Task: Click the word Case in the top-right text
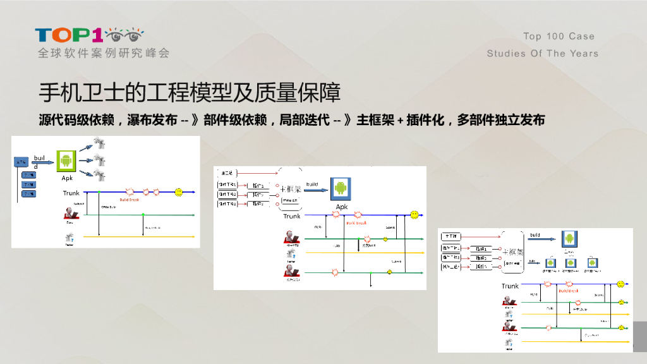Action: [581, 37]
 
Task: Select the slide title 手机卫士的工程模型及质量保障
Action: [190, 92]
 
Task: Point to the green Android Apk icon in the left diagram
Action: [66, 161]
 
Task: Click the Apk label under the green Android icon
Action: [67, 178]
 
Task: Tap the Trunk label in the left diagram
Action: [71, 193]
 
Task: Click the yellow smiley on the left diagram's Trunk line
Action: [179, 191]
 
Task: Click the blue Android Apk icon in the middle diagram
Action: [341, 188]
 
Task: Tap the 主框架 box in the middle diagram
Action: [290, 188]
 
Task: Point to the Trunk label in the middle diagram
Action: [292, 216]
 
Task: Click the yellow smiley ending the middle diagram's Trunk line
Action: [414, 215]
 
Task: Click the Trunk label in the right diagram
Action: [510, 286]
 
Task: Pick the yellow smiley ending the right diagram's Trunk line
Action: [621, 284]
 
